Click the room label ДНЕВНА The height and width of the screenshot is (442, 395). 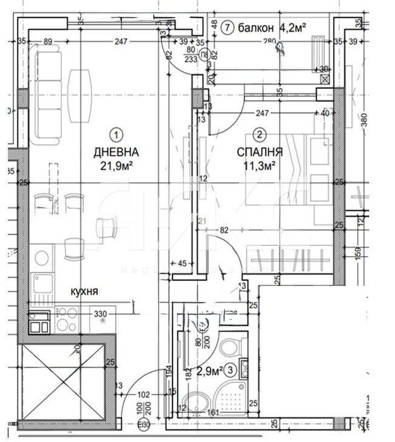[116, 153]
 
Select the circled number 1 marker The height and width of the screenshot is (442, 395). [116, 134]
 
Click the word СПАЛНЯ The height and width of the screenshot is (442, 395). [259, 153]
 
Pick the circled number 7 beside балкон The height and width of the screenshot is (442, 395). [227, 28]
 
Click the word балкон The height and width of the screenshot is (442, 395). [257, 28]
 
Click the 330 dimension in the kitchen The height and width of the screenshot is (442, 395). [100, 313]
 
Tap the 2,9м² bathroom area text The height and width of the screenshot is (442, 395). [210, 370]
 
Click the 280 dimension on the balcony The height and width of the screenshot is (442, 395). [270, 42]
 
